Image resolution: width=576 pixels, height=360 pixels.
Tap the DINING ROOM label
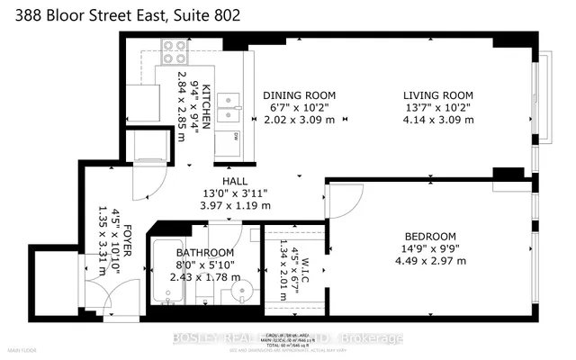(x=299, y=95)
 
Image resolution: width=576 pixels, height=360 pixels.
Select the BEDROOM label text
(x=434, y=235)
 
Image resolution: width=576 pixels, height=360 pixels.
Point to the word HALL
(x=225, y=180)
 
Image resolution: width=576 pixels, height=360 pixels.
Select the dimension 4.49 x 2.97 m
(x=434, y=261)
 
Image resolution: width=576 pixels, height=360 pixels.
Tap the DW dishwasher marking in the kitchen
(x=236, y=137)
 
